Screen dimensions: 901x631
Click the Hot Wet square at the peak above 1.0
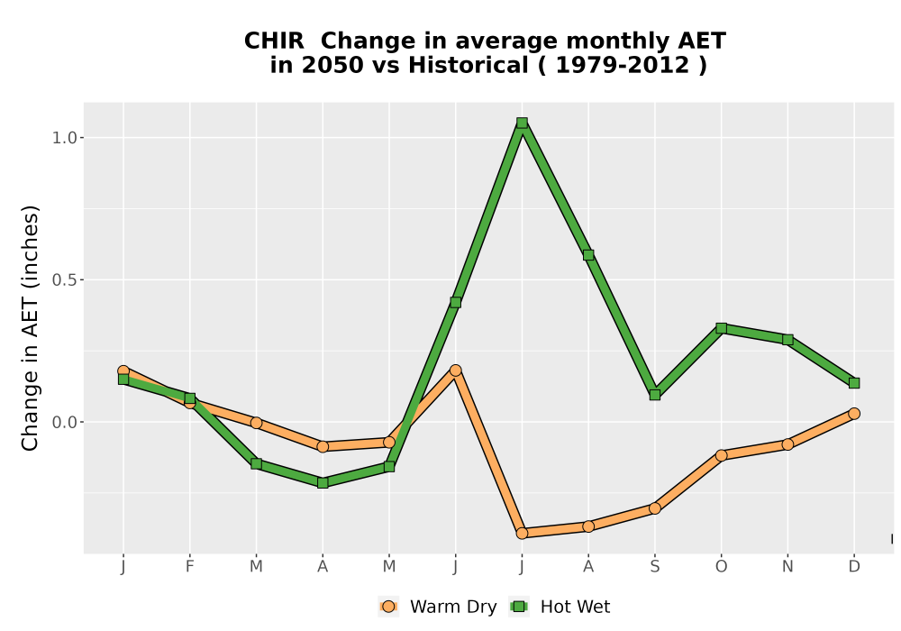(522, 123)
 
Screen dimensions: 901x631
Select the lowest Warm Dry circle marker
(522, 534)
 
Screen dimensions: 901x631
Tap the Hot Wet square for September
(654, 395)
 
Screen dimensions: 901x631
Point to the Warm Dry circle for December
(854, 414)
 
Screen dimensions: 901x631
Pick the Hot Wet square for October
(721, 328)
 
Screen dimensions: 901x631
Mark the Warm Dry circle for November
(787, 444)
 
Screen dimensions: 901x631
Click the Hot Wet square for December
(854, 383)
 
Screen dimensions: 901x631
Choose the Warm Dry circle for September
(654, 508)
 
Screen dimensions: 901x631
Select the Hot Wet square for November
(787, 340)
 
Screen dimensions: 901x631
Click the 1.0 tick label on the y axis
(64, 138)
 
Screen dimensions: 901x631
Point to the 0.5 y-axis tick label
(64, 279)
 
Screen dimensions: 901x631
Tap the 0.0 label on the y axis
(64, 423)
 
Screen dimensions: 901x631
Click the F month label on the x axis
(189, 567)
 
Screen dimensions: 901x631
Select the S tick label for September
(654, 567)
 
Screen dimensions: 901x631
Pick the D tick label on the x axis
(854, 567)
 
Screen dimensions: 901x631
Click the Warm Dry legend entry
(437, 607)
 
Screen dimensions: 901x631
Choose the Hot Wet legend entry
(560, 607)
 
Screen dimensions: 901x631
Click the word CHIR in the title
(274, 41)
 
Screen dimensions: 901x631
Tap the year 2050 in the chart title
(332, 65)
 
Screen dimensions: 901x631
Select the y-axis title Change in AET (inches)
(30, 328)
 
